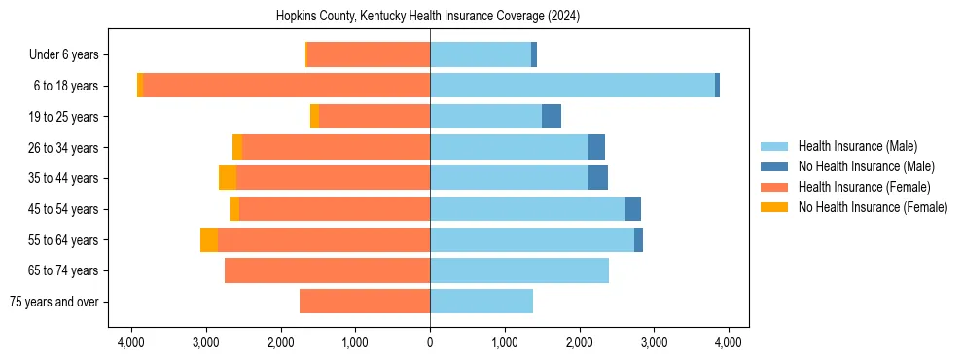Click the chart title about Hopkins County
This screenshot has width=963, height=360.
click(x=428, y=16)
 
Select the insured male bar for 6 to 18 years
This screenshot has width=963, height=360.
click(x=572, y=86)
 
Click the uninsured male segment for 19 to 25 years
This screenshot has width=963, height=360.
click(x=552, y=117)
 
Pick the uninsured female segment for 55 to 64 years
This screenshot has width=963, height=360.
click(x=209, y=239)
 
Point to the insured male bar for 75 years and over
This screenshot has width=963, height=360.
click(x=481, y=302)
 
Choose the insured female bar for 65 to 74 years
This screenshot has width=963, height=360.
click(x=327, y=270)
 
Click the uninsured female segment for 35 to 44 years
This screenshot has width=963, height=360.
click(x=228, y=178)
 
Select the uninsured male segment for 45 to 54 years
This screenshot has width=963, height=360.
click(x=633, y=209)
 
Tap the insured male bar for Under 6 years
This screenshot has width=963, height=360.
click(x=481, y=54)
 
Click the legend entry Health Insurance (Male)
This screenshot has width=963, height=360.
click(x=857, y=146)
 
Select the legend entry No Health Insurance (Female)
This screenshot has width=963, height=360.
click(x=873, y=207)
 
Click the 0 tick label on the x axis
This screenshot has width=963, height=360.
click(x=430, y=342)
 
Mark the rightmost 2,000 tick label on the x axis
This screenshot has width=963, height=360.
click(x=580, y=342)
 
